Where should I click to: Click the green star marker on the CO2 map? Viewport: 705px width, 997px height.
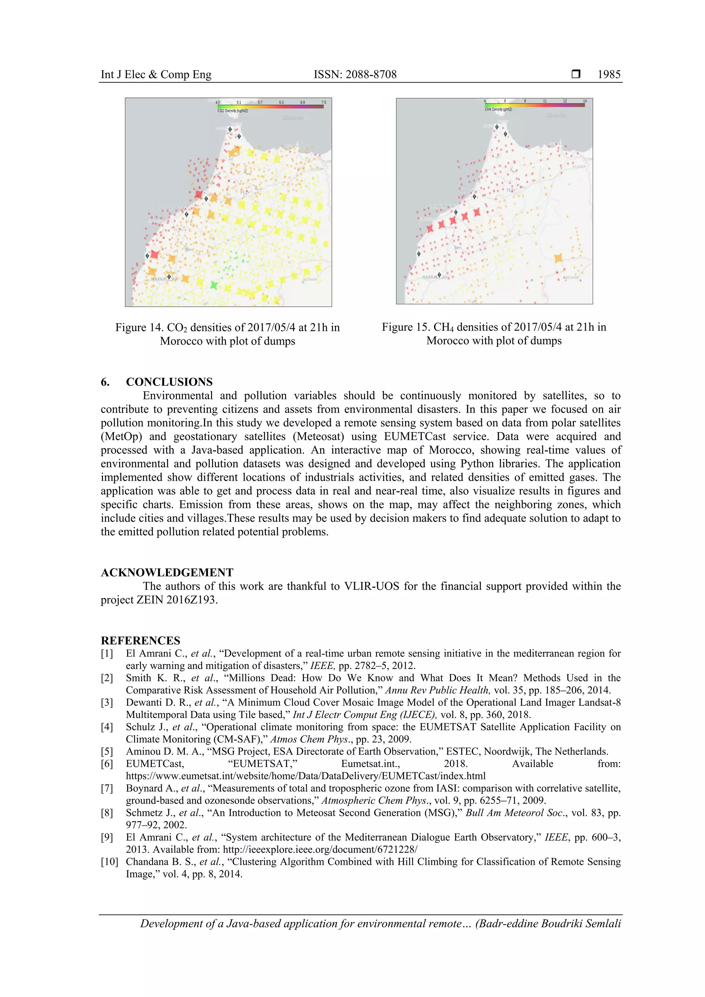pos(213,285)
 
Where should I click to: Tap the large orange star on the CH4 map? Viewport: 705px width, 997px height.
pos(558,258)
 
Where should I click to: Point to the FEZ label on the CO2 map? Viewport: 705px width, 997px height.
pos(244,192)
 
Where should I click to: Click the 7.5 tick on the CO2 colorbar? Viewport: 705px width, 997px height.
pos(324,103)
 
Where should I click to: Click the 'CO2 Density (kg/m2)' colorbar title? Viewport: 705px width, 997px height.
pos(232,111)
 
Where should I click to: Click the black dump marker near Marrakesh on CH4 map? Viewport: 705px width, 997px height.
pos(439,275)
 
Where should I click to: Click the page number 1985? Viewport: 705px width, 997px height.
pos(609,74)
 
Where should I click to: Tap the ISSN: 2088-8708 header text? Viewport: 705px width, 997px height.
pos(355,74)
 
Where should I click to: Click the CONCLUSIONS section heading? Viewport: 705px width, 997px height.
pos(169,382)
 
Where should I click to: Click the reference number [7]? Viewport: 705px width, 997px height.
pos(107,788)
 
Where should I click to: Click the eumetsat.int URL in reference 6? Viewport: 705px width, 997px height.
pos(306,776)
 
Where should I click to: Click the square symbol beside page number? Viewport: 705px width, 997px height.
pos(576,74)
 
